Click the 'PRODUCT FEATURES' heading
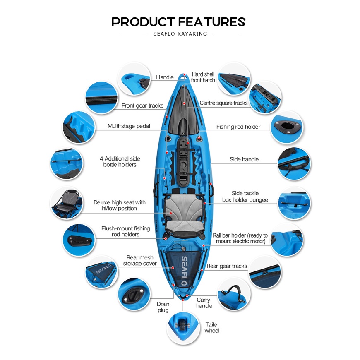tap(179, 22)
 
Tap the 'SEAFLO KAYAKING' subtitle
tap(180, 34)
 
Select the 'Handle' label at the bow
tap(165, 77)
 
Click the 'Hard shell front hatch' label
tap(203, 77)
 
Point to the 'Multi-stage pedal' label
tap(129, 126)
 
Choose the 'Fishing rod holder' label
tap(238, 127)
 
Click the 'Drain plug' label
tap(163, 307)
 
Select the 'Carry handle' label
tap(204, 302)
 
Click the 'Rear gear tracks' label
tap(227, 266)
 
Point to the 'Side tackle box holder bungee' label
tap(245, 197)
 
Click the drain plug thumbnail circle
tap(134, 294)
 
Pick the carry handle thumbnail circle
tap(234, 293)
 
